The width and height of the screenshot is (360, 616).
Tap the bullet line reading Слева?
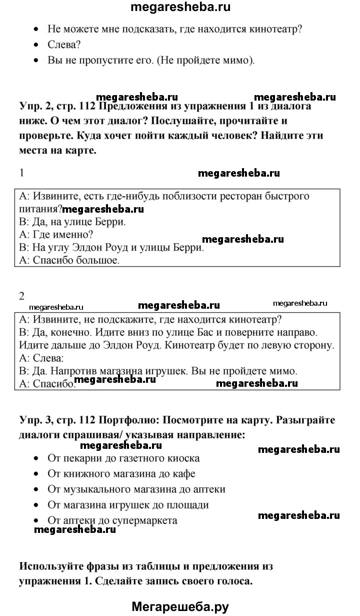(x=61, y=45)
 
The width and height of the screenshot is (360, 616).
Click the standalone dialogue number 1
(x=21, y=173)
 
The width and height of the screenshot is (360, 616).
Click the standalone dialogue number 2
(x=21, y=296)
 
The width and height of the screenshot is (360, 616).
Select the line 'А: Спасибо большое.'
(x=69, y=260)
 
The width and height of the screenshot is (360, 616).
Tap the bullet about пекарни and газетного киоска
(x=123, y=458)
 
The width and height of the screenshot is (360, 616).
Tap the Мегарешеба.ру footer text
(x=180, y=607)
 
